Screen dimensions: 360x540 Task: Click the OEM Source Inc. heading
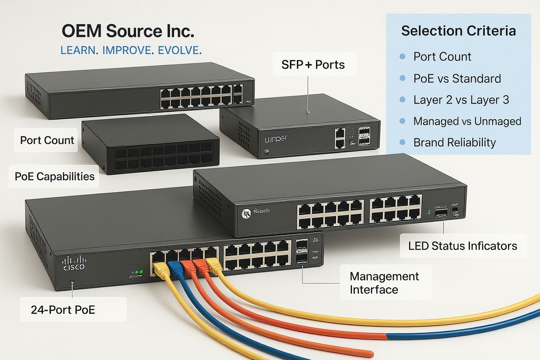click(x=128, y=32)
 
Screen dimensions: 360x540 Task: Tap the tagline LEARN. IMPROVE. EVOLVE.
click(x=131, y=50)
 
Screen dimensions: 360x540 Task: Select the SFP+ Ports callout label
click(x=313, y=65)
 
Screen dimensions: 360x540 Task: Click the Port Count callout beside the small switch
click(x=47, y=140)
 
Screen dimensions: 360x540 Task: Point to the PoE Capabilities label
click(x=55, y=176)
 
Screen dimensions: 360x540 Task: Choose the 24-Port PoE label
click(x=63, y=310)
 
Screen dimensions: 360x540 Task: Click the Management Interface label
click(x=384, y=283)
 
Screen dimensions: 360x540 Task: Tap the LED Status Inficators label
click(x=462, y=246)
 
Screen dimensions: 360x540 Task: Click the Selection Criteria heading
click(x=458, y=31)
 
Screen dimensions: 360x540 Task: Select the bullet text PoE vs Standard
click(x=457, y=78)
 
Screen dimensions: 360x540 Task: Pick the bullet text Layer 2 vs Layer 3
click(x=461, y=100)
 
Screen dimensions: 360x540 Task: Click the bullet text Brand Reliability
click(x=454, y=142)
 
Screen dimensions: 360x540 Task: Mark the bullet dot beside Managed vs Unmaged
click(x=402, y=121)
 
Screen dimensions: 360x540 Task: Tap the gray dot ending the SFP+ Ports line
click(x=308, y=112)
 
